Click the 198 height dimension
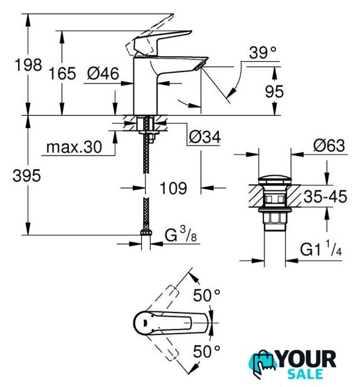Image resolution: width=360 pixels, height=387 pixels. click(x=28, y=65)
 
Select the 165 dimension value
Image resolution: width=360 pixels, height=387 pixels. click(x=62, y=74)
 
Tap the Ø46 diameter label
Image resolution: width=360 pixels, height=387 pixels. click(x=103, y=73)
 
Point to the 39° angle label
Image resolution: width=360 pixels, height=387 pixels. click(x=262, y=53)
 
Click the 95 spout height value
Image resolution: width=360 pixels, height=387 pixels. click(x=274, y=91)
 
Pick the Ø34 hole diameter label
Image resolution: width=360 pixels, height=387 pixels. click(x=205, y=137)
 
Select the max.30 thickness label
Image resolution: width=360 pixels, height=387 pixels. click(x=74, y=148)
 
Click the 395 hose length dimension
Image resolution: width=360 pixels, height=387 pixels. click(x=27, y=176)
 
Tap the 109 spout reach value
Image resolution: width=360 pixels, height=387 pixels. click(x=173, y=188)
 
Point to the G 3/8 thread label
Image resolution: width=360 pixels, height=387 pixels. click(x=181, y=234)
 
